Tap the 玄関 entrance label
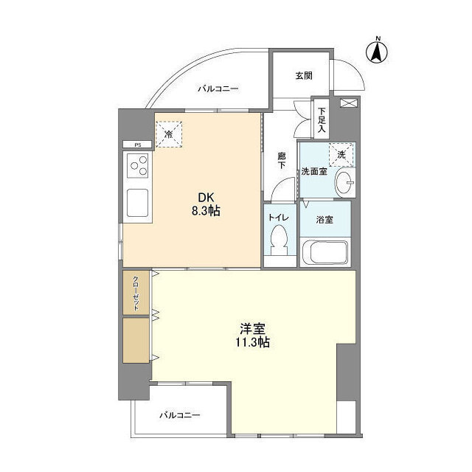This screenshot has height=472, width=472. (x=304, y=75)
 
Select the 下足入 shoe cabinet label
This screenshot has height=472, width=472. (x=322, y=120)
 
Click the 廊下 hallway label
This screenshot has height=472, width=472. (x=282, y=161)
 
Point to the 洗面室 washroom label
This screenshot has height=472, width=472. (x=313, y=171)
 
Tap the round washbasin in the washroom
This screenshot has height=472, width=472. (x=343, y=184)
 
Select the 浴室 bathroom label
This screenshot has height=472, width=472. (x=325, y=219)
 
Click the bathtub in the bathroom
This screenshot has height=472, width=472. (x=324, y=253)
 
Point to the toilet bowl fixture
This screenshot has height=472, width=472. (x=280, y=240)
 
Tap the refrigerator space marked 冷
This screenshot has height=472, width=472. (x=169, y=134)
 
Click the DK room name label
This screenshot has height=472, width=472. (x=205, y=197)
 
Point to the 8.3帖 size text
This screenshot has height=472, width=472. (x=205, y=211)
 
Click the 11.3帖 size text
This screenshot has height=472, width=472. (x=253, y=342)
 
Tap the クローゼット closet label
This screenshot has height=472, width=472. (x=136, y=294)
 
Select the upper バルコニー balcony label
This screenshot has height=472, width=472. (x=218, y=89)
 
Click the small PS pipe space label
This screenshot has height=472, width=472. (x=137, y=145)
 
